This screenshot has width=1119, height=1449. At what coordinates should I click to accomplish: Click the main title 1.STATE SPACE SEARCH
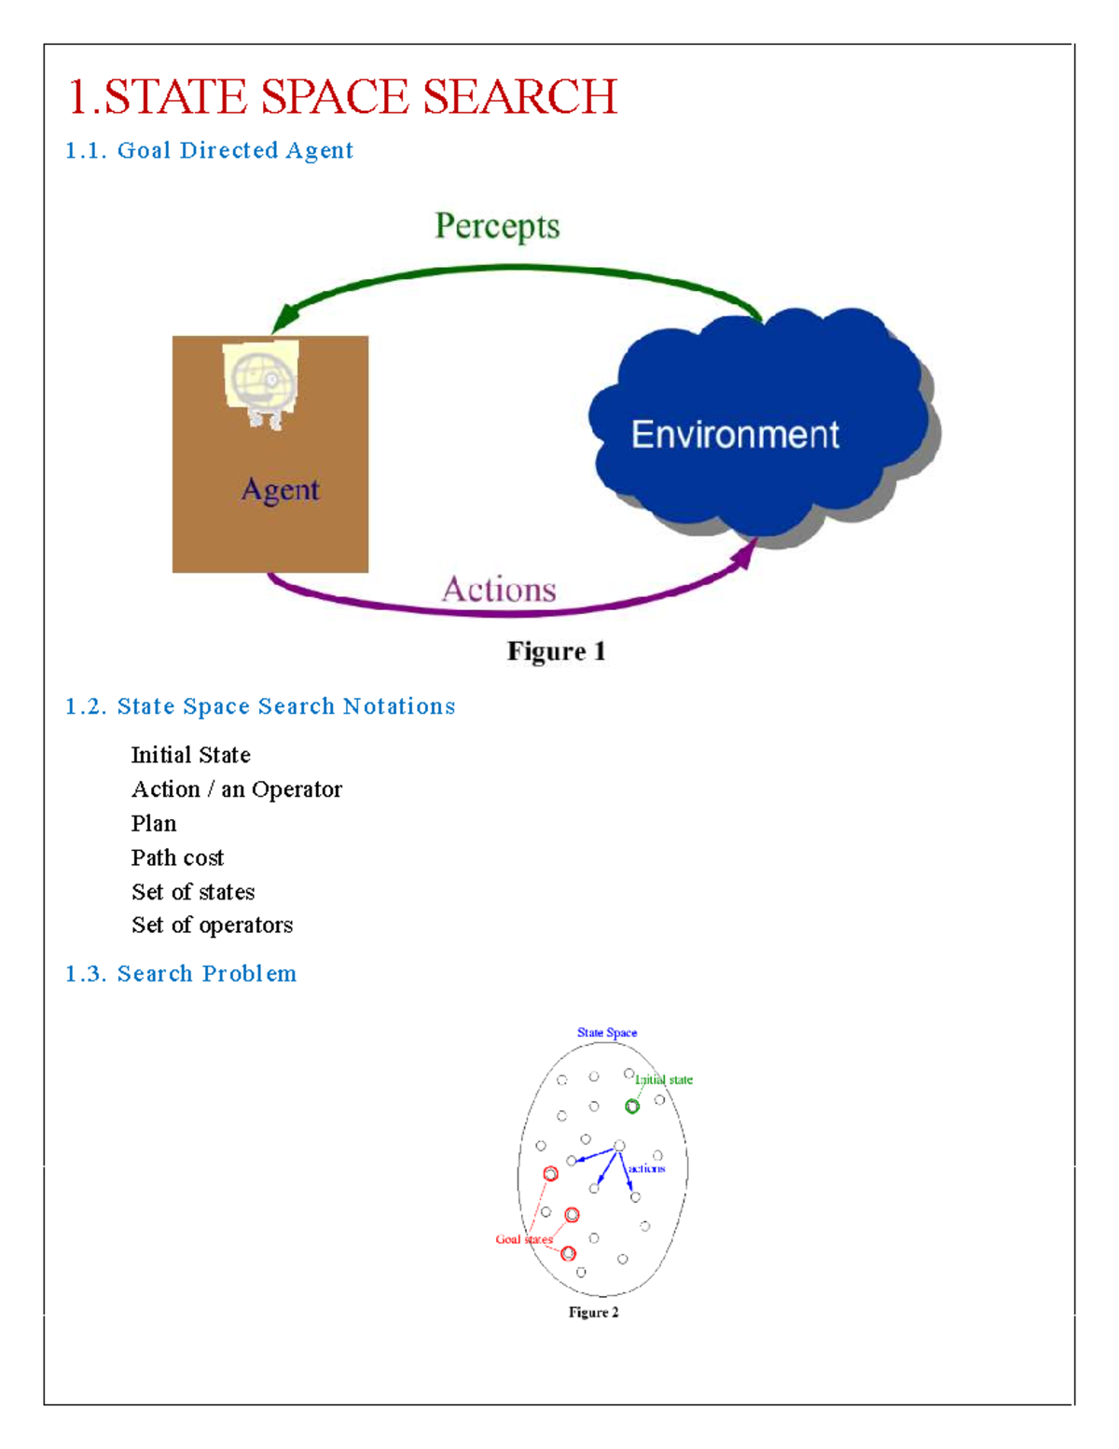tap(343, 97)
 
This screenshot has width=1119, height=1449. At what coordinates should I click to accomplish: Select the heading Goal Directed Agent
tap(209, 150)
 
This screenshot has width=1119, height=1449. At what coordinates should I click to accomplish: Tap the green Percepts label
tap(497, 227)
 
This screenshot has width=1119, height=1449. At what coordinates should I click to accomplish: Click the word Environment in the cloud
tap(735, 435)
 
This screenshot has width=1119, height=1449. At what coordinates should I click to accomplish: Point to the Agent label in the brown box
tap(280, 490)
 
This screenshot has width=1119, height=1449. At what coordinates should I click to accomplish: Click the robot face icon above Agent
tap(262, 383)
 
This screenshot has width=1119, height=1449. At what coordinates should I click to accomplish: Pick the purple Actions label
tap(499, 590)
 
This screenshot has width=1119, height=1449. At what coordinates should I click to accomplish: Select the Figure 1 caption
tap(556, 651)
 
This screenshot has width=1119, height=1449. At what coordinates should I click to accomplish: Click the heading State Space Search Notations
tap(260, 706)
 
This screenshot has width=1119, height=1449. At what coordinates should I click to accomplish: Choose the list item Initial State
tap(190, 755)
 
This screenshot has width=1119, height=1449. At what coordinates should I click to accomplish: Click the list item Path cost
tap(177, 857)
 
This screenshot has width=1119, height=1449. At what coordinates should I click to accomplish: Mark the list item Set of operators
tap(212, 925)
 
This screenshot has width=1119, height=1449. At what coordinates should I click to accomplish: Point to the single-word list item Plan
tap(154, 823)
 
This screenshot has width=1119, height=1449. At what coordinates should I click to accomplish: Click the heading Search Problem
tap(181, 973)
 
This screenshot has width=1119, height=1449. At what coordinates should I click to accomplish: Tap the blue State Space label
tap(607, 1033)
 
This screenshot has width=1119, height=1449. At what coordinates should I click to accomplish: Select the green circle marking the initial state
tap(632, 1107)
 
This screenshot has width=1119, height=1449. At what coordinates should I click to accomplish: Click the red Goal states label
tap(524, 1239)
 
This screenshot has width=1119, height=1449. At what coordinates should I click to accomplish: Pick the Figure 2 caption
tap(593, 1312)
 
